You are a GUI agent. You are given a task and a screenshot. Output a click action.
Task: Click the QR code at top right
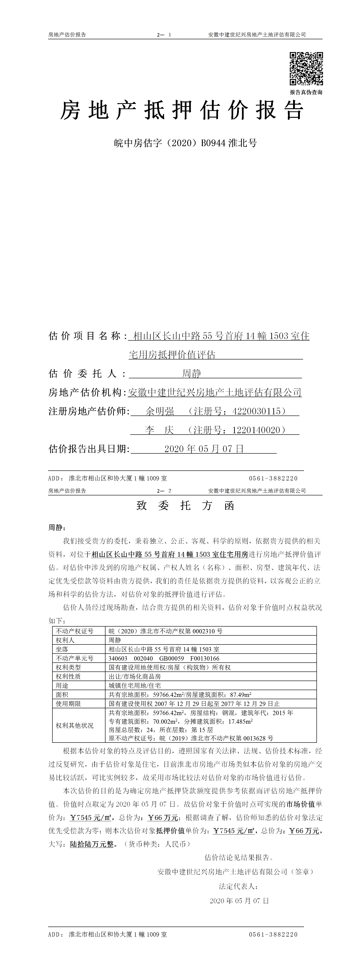(x=306, y=69)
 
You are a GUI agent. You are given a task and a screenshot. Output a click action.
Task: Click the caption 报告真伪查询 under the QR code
(x=306, y=92)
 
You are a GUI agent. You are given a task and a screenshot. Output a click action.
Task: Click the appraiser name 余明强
(x=160, y=411)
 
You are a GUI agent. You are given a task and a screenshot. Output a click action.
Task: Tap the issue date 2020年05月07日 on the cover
(x=204, y=449)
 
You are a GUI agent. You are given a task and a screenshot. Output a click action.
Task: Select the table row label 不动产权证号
(x=74, y=631)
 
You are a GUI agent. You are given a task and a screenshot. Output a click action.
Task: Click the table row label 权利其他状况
(x=74, y=725)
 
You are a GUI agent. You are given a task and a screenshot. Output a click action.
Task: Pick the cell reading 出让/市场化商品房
(x=135, y=676)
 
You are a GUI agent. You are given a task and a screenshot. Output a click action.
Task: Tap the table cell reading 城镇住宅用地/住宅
(x=135, y=685)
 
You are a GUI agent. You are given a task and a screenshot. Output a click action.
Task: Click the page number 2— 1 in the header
(x=164, y=34)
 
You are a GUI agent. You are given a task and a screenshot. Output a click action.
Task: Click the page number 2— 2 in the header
(x=164, y=491)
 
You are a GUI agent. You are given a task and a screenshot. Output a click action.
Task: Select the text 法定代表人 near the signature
(x=238, y=886)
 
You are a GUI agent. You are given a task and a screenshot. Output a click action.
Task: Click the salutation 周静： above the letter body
(x=57, y=527)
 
